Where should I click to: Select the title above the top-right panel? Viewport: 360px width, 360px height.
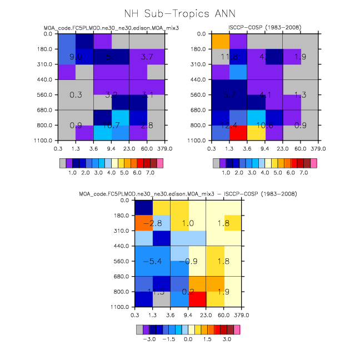click(264, 28)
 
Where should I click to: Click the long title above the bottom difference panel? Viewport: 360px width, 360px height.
click(188, 194)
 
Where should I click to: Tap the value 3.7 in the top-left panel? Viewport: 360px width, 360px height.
click(147, 57)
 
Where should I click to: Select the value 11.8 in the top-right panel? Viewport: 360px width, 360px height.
click(229, 57)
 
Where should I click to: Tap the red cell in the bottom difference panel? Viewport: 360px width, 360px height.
click(197, 299)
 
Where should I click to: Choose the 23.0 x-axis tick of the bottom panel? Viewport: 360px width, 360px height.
click(206, 314)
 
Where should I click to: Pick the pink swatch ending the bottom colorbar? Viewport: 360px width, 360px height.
click(237, 329)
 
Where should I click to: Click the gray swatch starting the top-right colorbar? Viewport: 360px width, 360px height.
click(216, 163)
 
